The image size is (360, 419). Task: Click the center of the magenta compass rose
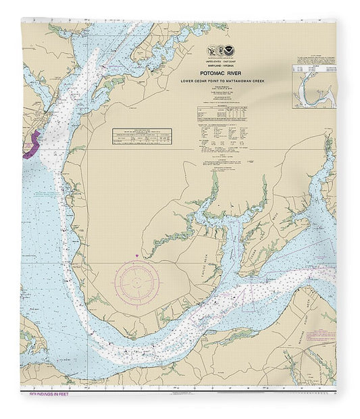[138, 278]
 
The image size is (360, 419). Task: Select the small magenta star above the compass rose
[137, 254]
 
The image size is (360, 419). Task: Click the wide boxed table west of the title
[141, 137]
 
